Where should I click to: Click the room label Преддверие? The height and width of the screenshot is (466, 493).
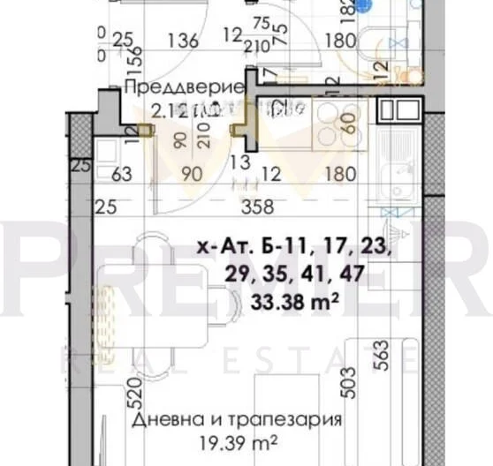[x=183, y=88]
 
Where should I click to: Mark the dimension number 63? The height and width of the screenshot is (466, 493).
[x=121, y=175]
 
